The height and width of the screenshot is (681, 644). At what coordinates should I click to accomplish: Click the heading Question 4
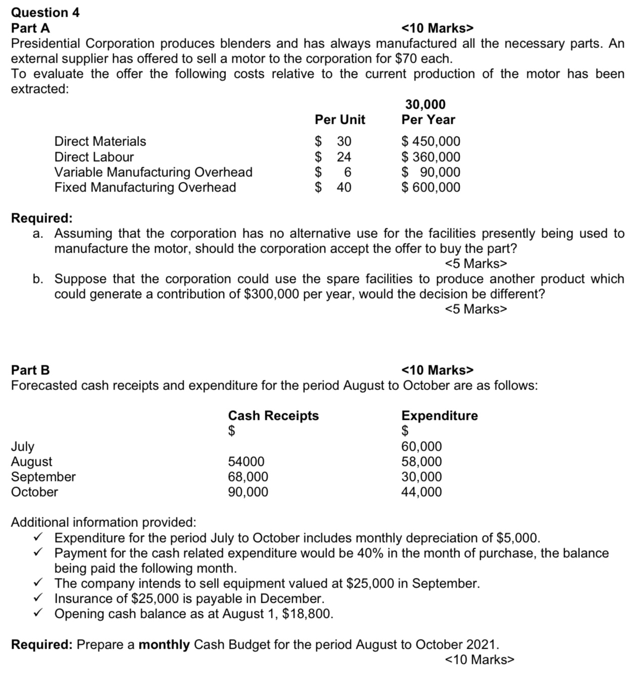pos(45,12)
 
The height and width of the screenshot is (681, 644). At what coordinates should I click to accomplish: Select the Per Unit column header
pos(340,120)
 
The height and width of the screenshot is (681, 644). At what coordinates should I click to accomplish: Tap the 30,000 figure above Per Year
pos(425,105)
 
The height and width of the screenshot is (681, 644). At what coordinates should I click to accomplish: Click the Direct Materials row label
pos(100,141)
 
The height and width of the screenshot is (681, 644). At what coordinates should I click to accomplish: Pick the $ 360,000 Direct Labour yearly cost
pos(431,157)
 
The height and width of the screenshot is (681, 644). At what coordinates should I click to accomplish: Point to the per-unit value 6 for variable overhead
pos(347,172)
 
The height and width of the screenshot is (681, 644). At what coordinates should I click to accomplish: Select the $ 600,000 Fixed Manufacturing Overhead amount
pos(431,187)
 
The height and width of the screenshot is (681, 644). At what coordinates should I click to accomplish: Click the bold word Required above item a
pos(41,218)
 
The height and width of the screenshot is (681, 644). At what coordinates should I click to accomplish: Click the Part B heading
pos(30,370)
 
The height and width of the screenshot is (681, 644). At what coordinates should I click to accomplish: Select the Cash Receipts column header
pos(273,416)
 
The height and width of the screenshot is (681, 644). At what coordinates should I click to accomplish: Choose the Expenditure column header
pos(439,416)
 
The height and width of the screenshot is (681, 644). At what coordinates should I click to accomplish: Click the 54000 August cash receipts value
pos(246,462)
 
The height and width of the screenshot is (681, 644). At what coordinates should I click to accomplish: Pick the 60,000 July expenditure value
pos(421,447)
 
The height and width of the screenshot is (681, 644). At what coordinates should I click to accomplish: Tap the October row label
pos(34,492)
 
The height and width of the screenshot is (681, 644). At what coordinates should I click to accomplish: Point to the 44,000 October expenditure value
pos(421,492)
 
